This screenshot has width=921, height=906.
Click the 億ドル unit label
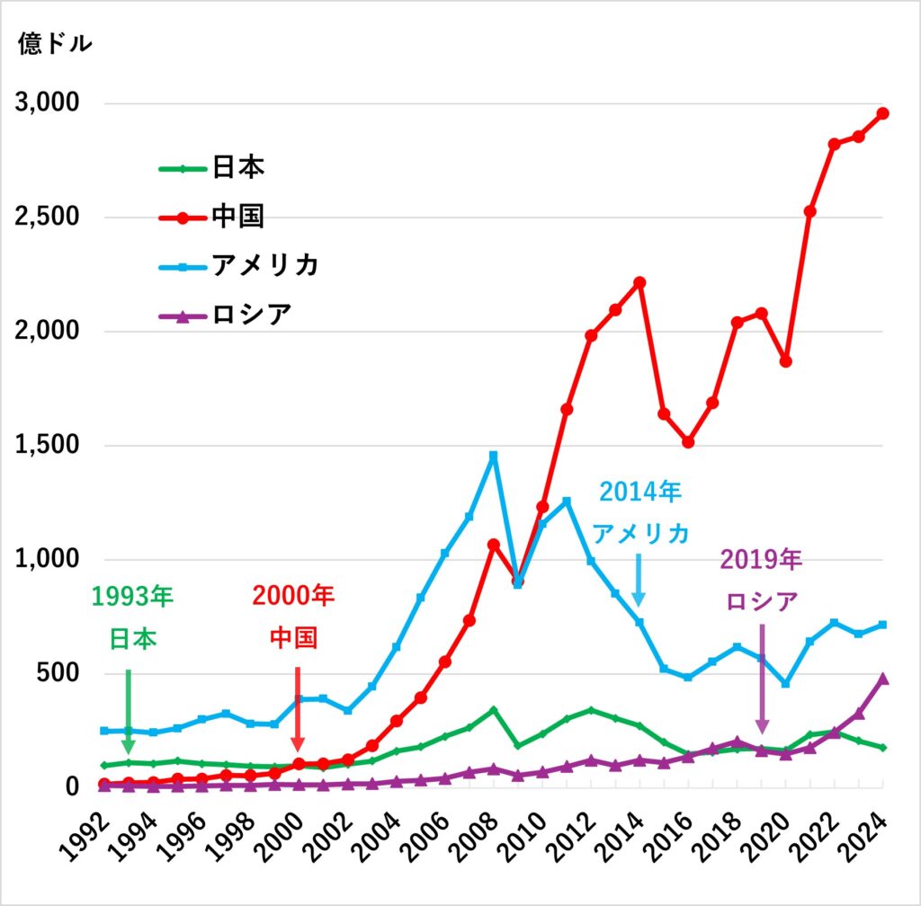(x=54, y=45)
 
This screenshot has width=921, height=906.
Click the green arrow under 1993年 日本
(x=128, y=710)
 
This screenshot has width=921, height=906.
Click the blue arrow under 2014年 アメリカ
(x=639, y=580)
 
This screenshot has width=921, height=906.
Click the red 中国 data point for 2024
(x=882, y=113)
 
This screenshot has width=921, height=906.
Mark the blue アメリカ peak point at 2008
(x=493, y=456)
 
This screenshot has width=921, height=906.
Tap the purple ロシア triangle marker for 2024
(x=882, y=679)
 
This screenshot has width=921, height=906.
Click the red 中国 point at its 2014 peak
(x=639, y=282)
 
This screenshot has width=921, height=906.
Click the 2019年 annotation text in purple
(x=761, y=560)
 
